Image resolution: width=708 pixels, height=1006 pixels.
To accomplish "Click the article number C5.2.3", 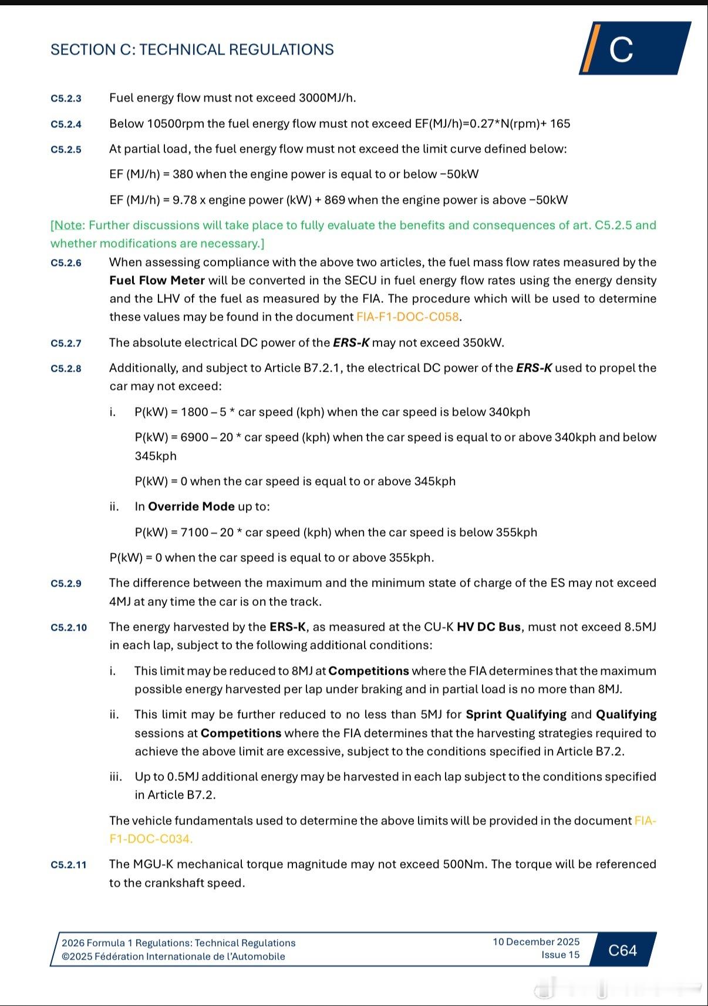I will click(66, 99).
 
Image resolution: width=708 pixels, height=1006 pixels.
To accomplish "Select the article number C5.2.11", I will click(68, 865).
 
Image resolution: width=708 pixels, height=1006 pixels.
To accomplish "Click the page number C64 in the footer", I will click(622, 950).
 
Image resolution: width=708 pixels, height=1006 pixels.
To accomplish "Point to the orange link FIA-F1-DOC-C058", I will click(407, 317).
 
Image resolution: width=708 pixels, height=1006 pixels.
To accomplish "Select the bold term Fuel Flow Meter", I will click(157, 281).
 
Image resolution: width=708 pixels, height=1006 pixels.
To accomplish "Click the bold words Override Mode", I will click(191, 507).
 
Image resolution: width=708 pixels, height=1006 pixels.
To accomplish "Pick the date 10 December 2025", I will click(536, 942).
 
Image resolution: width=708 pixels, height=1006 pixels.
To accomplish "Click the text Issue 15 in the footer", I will click(560, 955).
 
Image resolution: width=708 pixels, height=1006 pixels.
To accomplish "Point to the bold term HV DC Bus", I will click(488, 627).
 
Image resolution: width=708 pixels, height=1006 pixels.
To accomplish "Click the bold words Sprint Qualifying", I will click(515, 715).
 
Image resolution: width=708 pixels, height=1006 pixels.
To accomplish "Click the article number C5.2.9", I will click(66, 584).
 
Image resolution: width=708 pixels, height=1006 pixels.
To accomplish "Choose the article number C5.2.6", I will click(66, 263).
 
